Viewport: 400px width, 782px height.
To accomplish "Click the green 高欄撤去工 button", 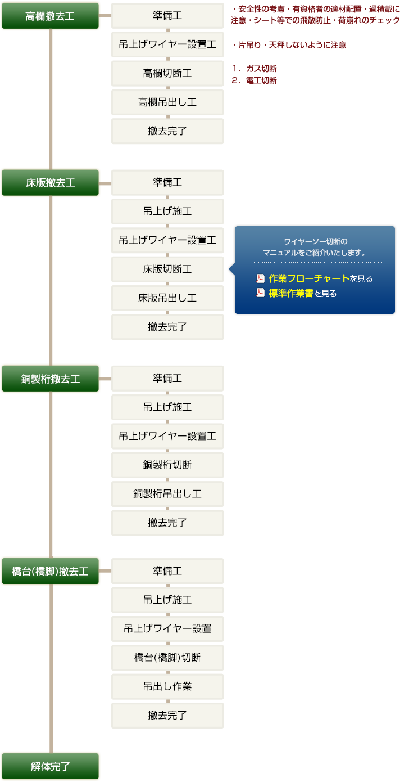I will point(50,16).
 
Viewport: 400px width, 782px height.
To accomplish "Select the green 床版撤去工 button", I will point(50,183).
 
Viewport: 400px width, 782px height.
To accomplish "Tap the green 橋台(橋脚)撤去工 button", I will point(50,572).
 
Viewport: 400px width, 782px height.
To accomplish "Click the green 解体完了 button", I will point(50,766).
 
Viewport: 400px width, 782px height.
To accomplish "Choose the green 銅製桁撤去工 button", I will point(50,379).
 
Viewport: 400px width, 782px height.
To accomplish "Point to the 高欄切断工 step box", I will point(167,73).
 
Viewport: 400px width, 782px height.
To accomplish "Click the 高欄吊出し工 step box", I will point(167,102).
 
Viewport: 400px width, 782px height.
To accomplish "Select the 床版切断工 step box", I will point(167,269).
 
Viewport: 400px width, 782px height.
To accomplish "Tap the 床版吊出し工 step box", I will point(167,298).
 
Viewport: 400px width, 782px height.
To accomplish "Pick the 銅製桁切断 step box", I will point(167,465).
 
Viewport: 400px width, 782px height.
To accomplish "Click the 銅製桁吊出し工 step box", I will point(167,494).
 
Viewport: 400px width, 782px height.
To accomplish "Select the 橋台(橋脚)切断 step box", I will point(167,658).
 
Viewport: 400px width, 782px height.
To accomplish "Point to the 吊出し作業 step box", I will point(167,686).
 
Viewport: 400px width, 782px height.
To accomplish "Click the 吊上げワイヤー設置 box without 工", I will point(167,628).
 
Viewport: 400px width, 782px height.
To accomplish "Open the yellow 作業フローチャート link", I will point(309,278).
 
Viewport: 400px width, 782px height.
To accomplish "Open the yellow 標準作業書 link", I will point(290,293).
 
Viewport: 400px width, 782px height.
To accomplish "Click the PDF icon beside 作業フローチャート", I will point(260,278).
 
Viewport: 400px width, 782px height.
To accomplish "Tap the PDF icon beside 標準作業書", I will point(260,293).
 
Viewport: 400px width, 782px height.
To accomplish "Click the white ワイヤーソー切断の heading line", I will point(315,241).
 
